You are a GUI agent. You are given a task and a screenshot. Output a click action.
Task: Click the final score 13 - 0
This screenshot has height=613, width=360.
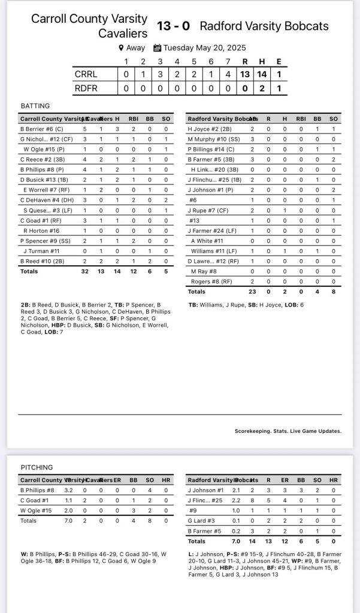[173, 26]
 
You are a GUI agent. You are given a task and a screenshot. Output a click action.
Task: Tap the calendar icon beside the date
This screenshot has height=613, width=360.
[158, 48]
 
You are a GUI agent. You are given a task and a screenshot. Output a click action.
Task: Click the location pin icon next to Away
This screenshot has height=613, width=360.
[120, 48]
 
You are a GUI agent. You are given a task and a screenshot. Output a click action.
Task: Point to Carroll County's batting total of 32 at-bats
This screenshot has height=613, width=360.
[84, 271]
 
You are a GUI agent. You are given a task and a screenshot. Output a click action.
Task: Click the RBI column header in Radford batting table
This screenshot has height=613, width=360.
[300, 119]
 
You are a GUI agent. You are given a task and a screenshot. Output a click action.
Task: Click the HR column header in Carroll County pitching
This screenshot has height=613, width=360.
[165, 480]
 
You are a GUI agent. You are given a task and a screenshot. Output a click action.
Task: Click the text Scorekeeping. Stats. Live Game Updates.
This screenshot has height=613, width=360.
[288, 430]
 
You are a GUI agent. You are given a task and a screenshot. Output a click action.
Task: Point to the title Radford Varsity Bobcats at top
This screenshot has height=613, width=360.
[264, 26]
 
